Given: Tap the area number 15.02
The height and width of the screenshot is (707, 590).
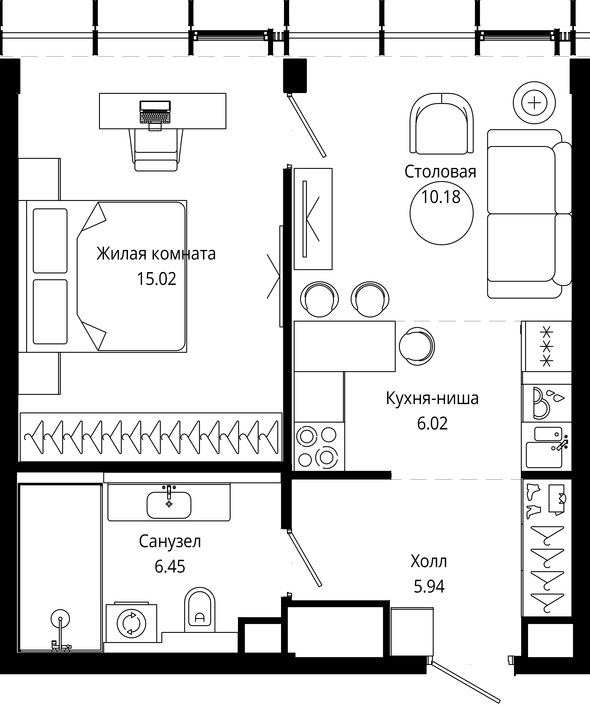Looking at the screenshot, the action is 157,279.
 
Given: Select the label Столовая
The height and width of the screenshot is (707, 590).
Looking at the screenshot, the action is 440,172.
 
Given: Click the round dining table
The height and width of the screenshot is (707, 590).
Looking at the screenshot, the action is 442,213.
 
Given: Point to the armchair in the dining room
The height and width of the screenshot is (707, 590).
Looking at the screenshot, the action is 442,123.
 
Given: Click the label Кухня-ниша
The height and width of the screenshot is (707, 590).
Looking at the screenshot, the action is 432,398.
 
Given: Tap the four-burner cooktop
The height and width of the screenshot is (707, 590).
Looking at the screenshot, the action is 319,446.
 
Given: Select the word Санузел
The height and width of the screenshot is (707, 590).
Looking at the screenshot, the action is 170,542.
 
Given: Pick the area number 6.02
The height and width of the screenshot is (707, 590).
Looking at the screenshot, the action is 432,424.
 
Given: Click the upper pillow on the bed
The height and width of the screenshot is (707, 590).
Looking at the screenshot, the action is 50,241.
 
